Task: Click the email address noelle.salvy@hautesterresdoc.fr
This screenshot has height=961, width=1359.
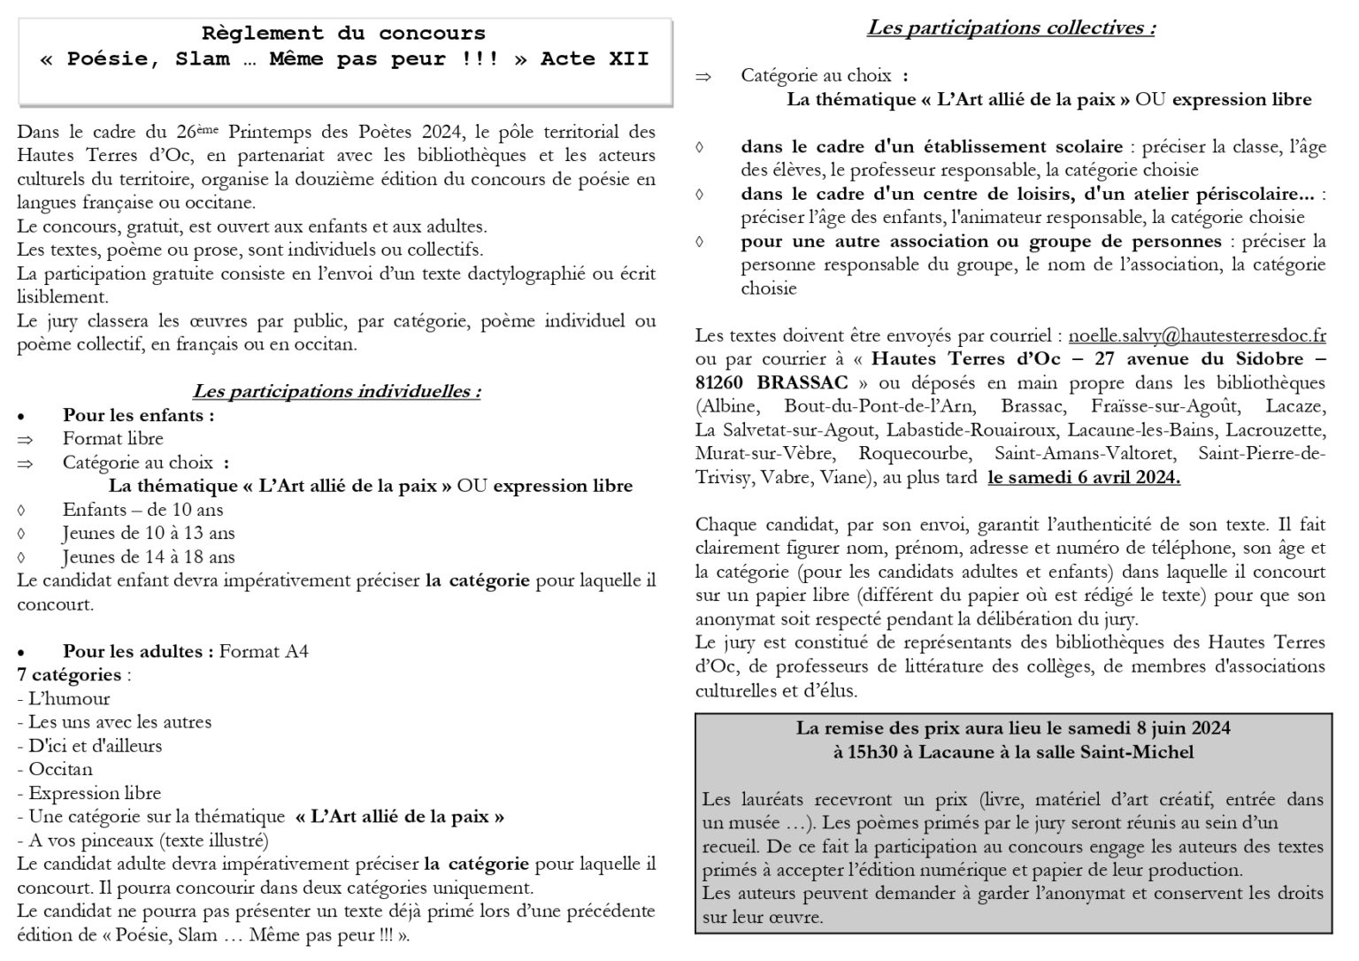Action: [x=1197, y=336]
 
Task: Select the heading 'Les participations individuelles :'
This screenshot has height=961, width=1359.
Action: [x=336, y=391]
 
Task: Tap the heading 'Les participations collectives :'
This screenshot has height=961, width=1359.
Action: [x=1010, y=27]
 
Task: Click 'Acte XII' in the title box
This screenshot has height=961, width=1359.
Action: [x=595, y=59]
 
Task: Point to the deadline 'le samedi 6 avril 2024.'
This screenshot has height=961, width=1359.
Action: [x=1084, y=478]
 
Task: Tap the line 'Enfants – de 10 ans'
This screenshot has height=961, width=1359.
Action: [x=142, y=510]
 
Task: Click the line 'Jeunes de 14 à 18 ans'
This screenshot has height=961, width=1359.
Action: [x=149, y=557]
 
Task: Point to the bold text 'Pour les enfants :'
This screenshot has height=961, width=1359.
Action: [x=138, y=415]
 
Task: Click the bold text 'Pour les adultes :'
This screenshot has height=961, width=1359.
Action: [x=138, y=652]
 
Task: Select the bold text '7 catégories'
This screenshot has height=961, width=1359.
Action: [x=69, y=675]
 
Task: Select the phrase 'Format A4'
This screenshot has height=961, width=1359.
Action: [x=264, y=652]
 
